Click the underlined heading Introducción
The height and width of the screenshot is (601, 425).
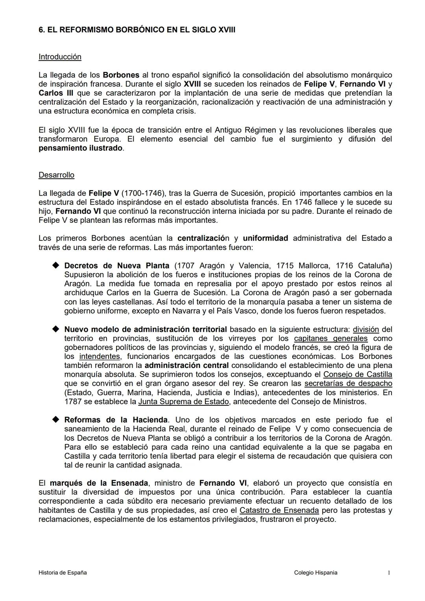[x=60, y=57]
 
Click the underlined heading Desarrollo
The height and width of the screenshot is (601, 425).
[x=56, y=175]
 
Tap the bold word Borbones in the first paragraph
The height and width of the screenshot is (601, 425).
[x=121, y=75]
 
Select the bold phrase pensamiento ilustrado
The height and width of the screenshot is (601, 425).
[x=80, y=148]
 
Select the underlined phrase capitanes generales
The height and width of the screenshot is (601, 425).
[x=331, y=338]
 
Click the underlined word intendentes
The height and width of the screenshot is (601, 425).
[x=100, y=356]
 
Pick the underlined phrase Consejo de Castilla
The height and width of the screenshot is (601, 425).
[x=357, y=374]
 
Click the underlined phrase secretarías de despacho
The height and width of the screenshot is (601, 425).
[x=348, y=383]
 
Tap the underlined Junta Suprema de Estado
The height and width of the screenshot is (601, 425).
[x=183, y=401]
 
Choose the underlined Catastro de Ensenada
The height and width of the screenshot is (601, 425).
[x=279, y=510]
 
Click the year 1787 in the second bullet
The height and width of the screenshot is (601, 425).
[x=72, y=401]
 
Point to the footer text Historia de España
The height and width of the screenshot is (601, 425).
[x=63, y=573]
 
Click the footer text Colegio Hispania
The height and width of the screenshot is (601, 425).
[x=316, y=573]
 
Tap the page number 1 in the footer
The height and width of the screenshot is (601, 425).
[x=389, y=573]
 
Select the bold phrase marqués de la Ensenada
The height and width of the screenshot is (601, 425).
[x=99, y=483]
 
